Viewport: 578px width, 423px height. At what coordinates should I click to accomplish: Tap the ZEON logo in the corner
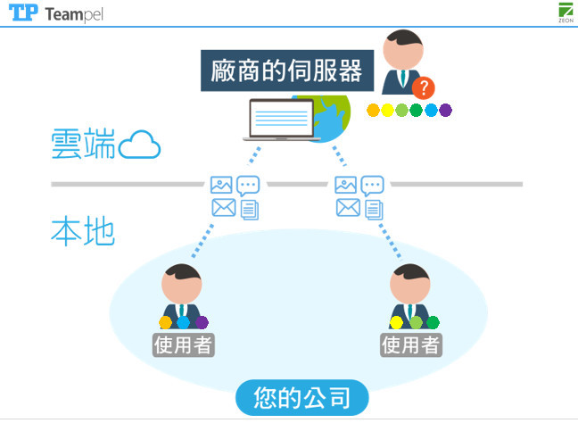565,12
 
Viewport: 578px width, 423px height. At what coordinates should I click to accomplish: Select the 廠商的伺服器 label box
286,71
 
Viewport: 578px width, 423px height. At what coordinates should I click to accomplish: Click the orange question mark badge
424,87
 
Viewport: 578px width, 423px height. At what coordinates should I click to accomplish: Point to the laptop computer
283,120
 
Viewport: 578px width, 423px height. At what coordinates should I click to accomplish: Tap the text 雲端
83,145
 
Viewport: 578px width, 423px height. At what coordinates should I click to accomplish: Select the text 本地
82,232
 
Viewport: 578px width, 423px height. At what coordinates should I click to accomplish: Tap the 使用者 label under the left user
184,344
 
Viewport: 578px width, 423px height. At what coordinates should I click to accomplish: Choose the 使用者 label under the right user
411,344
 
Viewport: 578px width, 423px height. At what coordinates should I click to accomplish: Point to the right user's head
410,284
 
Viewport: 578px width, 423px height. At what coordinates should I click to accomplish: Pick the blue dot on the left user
184,322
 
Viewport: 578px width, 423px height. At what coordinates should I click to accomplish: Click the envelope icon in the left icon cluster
222,209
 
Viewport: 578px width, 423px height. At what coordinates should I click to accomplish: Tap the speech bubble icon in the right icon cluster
373,186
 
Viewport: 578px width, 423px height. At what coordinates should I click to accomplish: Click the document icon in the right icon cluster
374,210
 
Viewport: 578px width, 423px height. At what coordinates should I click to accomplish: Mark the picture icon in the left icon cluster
221,186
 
